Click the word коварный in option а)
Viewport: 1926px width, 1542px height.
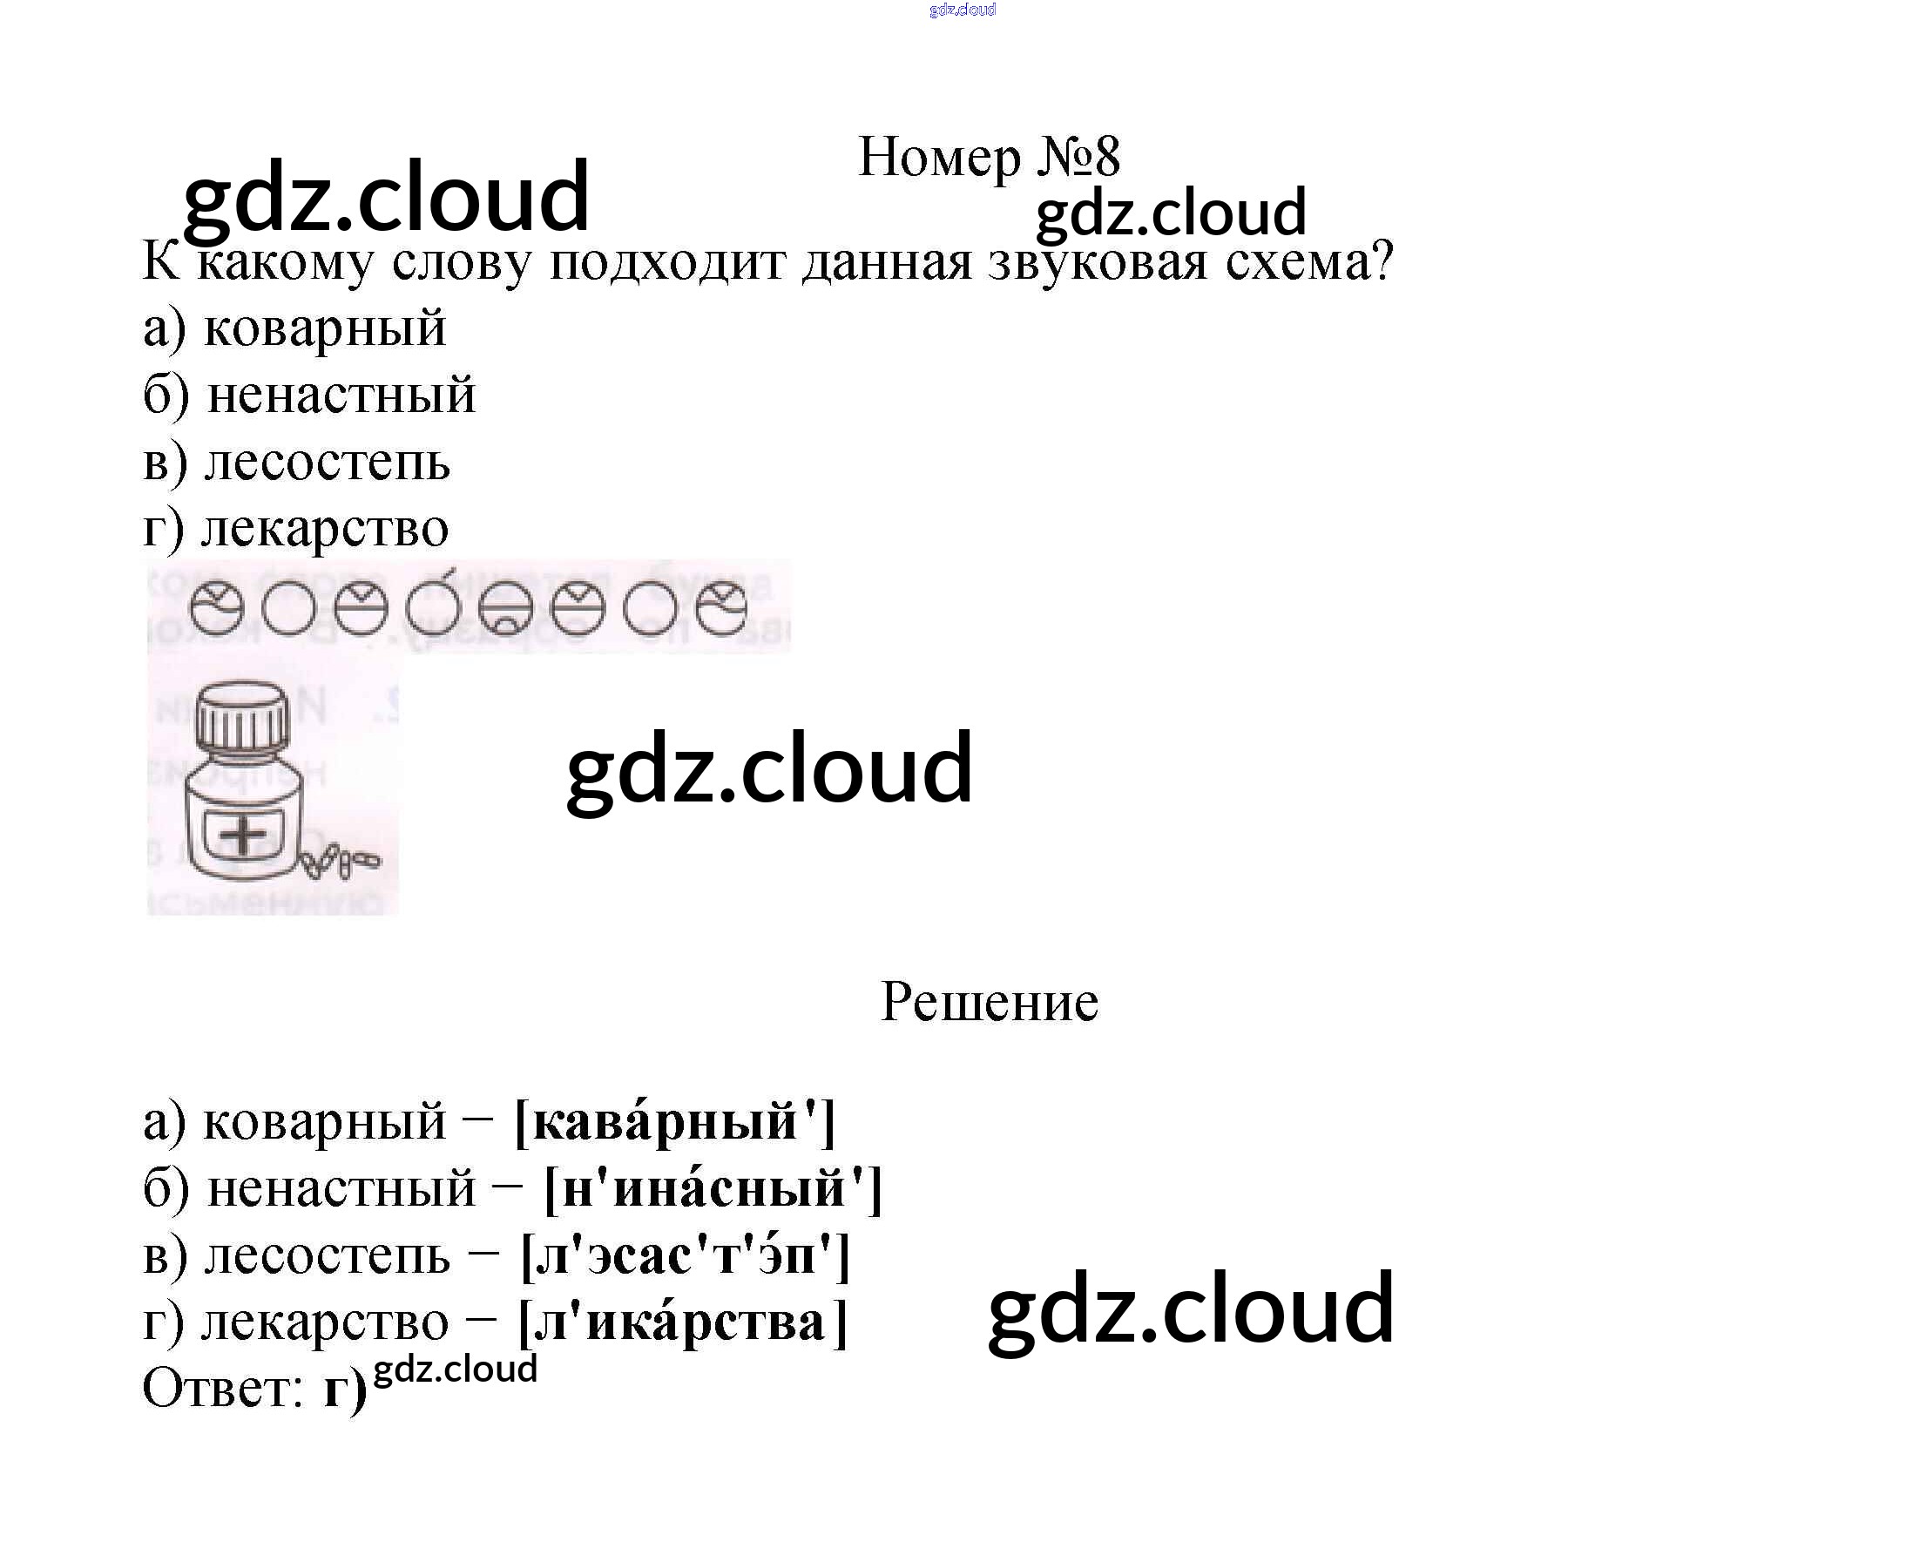pyautogui.click(x=324, y=328)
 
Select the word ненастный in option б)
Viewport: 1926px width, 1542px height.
pyautogui.click(x=341, y=395)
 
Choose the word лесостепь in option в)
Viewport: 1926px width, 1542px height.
pyautogui.click(x=327, y=462)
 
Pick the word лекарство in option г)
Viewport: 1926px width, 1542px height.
pyautogui.click(x=324, y=528)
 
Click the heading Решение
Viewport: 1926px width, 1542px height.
pyautogui.click(x=989, y=1002)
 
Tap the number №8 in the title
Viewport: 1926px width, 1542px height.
pyautogui.click(x=1078, y=159)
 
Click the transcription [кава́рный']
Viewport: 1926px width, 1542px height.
pyautogui.click(x=675, y=1121)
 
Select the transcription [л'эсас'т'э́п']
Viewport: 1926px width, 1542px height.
pyautogui.click(x=686, y=1255)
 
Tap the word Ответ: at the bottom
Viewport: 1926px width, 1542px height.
pyautogui.click(x=223, y=1390)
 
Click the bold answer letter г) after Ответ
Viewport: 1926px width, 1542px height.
pyautogui.click(x=345, y=1391)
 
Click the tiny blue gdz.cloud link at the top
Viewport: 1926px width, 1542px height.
pyautogui.click(x=962, y=10)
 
